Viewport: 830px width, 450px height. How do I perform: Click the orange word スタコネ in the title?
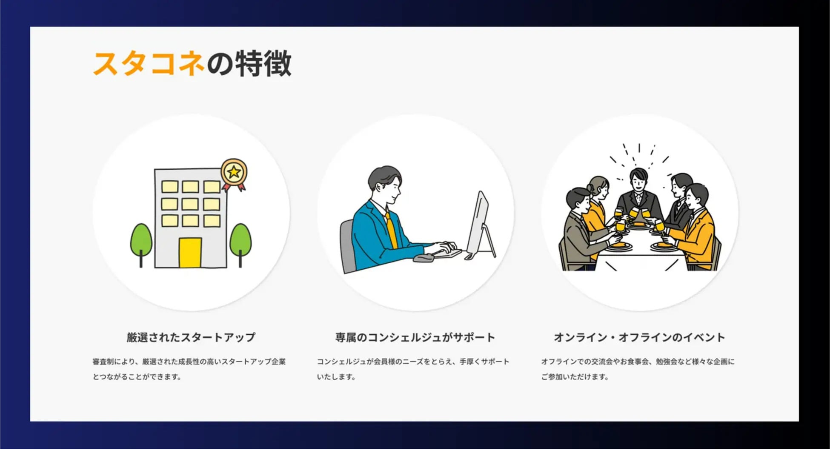point(149,64)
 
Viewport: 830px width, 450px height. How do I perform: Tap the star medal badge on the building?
point(234,174)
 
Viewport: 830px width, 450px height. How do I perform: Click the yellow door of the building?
point(190,253)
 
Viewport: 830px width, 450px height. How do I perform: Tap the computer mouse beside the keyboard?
point(423,258)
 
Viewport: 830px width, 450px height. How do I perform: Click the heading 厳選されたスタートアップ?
point(191,337)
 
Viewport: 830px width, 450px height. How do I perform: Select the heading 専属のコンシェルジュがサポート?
point(415,337)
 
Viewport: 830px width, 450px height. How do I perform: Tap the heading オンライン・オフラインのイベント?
point(639,337)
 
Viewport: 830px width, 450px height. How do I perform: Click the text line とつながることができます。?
point(137,377)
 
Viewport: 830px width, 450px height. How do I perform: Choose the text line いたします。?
point(336,377)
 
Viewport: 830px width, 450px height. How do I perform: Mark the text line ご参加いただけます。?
point(575,377)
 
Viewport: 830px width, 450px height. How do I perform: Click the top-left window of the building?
point(170,187)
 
